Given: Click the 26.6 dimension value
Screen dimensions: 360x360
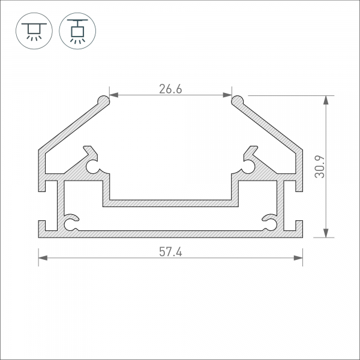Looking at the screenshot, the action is [170, 89].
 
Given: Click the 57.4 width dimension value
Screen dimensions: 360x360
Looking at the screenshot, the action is [170, 252].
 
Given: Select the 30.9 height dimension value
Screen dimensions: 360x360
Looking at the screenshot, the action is [320, 167].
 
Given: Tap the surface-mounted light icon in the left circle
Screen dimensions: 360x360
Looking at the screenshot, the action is [34, 31].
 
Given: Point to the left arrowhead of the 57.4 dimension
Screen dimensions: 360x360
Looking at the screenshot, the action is [43, 258].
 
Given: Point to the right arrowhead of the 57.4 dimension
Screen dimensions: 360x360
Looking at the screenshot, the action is [298, 258].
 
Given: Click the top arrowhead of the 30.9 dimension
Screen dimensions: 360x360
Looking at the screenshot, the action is [326, 100].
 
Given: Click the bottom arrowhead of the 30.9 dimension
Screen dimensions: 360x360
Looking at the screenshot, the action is [326, 233].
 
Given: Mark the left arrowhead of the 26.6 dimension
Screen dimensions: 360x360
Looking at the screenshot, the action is [114, 95].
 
